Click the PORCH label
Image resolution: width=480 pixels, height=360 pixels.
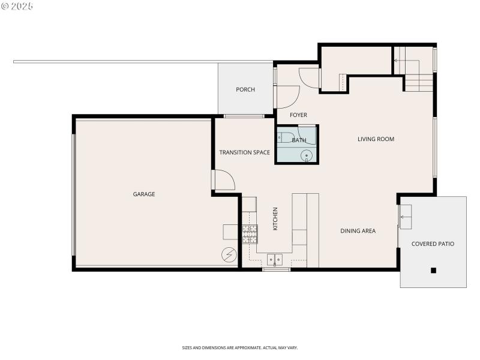tap(245, 89)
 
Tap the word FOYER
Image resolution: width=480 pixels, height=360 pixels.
tap(298, 115)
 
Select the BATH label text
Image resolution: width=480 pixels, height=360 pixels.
tap(299, 140)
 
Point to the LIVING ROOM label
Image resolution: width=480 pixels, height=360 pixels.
tap(376, 139)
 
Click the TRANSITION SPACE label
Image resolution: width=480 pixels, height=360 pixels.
tap(244, 152)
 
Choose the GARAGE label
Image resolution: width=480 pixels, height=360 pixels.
tap(144, 194)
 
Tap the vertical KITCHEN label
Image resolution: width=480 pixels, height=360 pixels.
tap(275, 219)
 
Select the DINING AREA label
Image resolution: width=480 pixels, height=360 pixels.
tap(358, 230)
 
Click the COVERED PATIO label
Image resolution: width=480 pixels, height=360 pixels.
tap(433, 244)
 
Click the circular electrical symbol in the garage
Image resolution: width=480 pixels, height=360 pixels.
tap(229, 255)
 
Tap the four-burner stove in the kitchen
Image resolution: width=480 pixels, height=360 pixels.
tap(250, 233)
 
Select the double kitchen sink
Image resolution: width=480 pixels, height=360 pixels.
tap(275, 260)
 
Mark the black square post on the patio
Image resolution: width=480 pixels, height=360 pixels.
tap(433, 271)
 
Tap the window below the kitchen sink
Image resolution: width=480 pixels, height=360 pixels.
tap(276, 269)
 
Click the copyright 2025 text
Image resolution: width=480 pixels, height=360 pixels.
tap(17, 6)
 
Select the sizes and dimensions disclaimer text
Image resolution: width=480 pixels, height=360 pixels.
tap(240, 347)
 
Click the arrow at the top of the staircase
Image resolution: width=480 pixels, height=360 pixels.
tap(397, 60)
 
